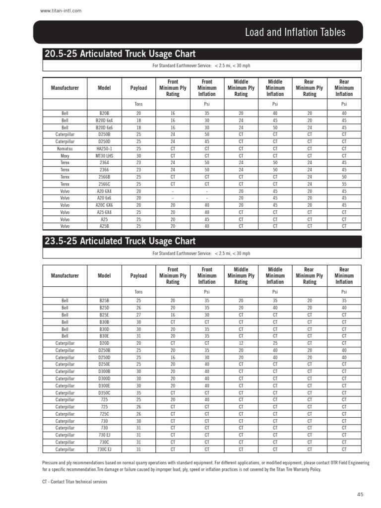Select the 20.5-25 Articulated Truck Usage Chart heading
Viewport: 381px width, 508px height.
tap(120, 54)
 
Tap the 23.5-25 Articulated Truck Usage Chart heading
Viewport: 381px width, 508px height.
tap(120, 241)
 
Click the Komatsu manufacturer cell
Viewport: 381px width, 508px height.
tap(65, 148)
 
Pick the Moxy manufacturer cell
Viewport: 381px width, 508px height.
tap(65, 155)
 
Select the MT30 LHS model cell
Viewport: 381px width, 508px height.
tap(104, 155)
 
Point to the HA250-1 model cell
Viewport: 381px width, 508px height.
tap(104, 148)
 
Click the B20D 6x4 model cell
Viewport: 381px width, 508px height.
tap(104, 121)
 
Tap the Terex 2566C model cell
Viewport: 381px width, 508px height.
tap(104, 184)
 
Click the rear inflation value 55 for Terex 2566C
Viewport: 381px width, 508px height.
tap(344, 184)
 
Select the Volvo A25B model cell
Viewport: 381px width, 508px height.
tap(104, 226)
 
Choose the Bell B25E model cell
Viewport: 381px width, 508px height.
tap(104, 315)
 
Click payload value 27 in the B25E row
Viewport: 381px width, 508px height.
tap(138, 315)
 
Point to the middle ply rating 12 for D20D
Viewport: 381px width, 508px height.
tap(241, 343)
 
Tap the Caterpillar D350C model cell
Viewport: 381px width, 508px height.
tap(104, 392)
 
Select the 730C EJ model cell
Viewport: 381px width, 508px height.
tap(104, 449)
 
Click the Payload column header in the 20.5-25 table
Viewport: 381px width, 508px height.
tap(138, 88)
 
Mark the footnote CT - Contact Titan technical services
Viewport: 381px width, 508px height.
tap(75, 481)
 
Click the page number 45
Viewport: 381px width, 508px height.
tap(360, 495)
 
